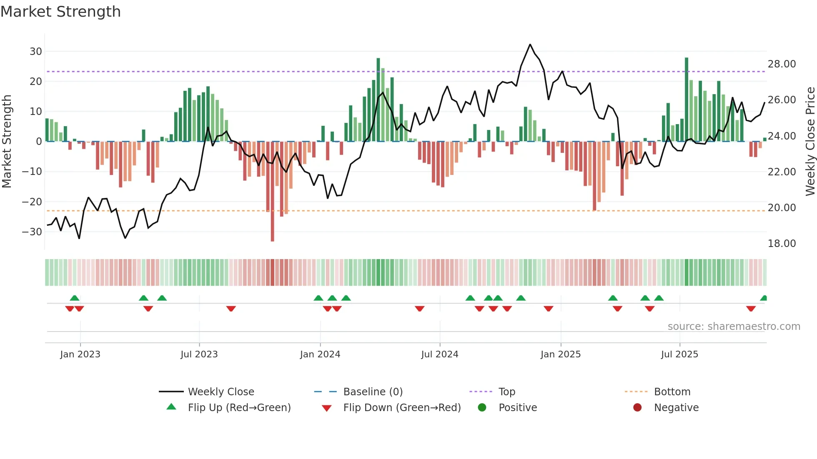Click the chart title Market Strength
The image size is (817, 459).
click(60, 12)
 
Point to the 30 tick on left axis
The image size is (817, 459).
click(36, 52)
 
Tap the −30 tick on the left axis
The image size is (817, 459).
click(33, 232)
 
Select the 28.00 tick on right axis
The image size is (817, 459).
click(782, 64)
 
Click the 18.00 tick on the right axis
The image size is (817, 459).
click(782, 244)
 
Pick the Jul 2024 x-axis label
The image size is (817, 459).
click(439, 354)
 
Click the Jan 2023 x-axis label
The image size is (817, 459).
click(80, 354)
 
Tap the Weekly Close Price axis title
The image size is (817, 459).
click(810, 142)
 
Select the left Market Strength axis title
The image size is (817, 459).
click(7, 142)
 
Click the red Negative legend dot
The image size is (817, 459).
click(637, 408)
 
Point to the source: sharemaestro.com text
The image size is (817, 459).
click(734, 327)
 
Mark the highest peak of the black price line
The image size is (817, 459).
click(530, 45)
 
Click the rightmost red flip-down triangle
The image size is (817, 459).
click(751, 309)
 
